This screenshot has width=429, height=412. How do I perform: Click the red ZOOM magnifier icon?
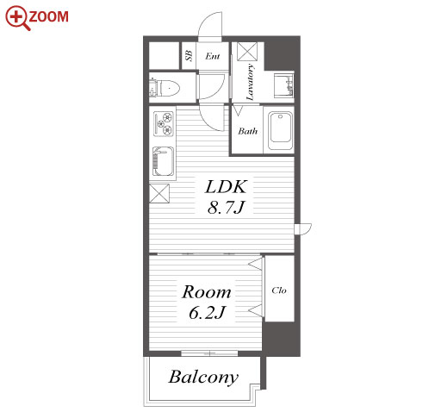(x=17, y=18)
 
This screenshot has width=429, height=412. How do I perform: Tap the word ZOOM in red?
(x=48, y=16)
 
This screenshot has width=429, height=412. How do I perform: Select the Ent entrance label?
(x=213, y=56)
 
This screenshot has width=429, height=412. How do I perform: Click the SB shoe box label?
(x=189, y=55)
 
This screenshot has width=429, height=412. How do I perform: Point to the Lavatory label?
(x=251, y=82)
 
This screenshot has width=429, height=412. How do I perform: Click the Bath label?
(x=247, y=131)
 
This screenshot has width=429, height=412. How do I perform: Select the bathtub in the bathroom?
(x=280, y=131)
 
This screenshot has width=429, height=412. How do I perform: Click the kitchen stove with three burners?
(x=164, y=124)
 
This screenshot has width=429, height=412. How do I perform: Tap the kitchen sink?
(x=163, y=161)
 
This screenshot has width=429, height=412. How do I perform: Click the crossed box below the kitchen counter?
(x=159, y=194)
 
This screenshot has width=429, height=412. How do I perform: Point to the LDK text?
(x=226, y=187)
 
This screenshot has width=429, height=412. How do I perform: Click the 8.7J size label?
(x=226, y=207)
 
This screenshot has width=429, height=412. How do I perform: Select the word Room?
(x=207, y=292)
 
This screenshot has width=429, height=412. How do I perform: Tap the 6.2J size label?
(x=207, y=313)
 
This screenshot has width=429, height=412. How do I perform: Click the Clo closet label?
(x=279, y=290)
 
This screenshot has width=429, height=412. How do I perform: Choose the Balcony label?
(x=203, y=378)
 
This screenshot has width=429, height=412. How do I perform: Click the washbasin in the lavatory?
(x=283, y=85)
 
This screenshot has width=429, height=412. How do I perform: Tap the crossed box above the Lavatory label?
(x=247, y=51)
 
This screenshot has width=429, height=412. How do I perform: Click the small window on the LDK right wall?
(x=303, y=229)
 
